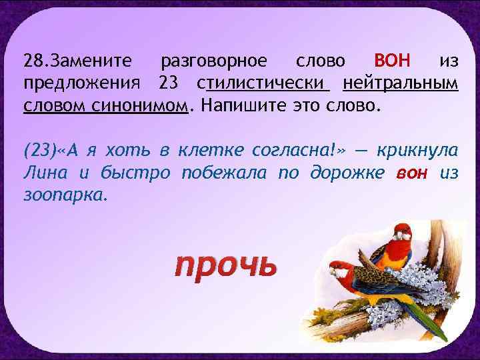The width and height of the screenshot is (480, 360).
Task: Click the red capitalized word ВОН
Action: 395,61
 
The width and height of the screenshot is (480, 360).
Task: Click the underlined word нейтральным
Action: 401,84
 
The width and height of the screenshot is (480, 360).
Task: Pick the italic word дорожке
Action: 349,173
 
